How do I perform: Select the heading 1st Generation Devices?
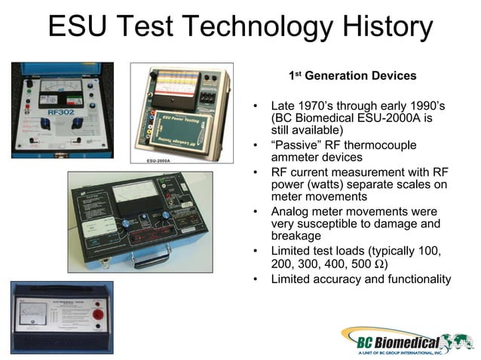click(352, 76)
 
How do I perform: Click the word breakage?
click(298, 236)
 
